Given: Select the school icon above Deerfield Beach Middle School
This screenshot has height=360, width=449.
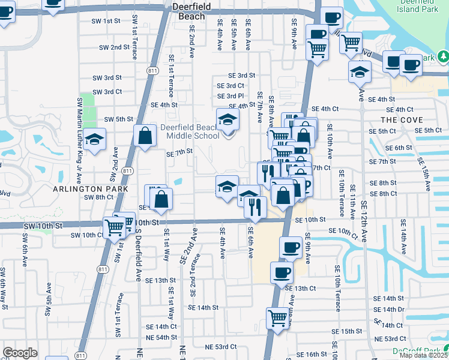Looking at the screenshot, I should (228, 120).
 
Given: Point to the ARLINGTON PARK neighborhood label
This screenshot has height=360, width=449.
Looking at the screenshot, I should (91, 188).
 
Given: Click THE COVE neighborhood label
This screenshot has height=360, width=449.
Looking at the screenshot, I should (397, 120).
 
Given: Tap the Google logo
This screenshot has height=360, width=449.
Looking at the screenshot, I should (20, 353).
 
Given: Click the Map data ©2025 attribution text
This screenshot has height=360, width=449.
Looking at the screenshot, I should (424, 355).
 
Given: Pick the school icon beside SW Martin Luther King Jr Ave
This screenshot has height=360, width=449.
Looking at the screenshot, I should (95, 140).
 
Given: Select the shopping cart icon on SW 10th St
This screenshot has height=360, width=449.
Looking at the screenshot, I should (115, 227).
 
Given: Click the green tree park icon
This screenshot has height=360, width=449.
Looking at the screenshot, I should (444, 57).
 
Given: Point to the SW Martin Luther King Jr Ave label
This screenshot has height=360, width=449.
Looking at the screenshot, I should (79, 127).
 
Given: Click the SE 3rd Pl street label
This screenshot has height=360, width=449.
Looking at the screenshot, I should (231, 96).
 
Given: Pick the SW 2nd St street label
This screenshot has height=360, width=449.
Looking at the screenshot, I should (114, 47).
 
